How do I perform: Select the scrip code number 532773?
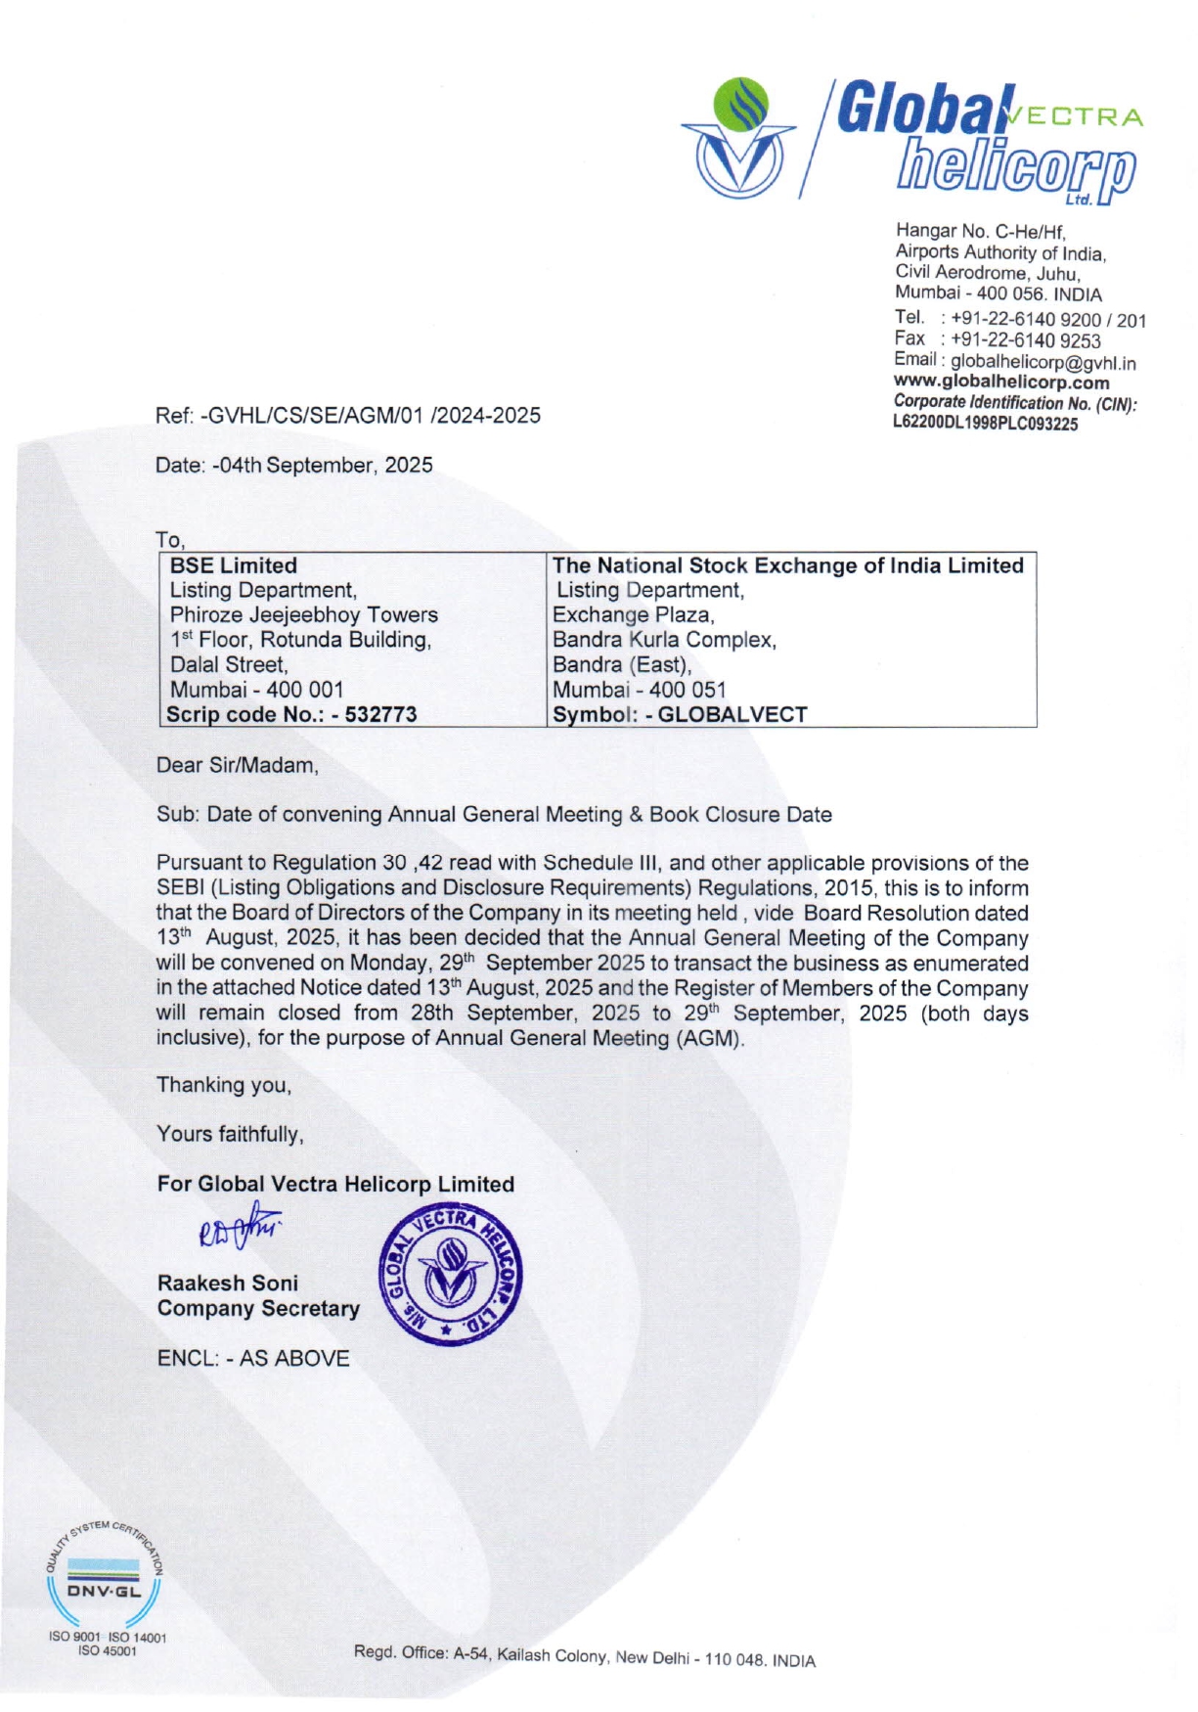(x=380, y=714)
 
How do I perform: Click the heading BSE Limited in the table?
(x=233, y=565)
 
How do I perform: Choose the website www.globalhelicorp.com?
(x=1000, y=383)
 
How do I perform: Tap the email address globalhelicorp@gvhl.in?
(x=1043, y=363)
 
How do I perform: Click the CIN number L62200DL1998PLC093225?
(x=985, y=424)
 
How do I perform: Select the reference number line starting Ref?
(x=347, y=415)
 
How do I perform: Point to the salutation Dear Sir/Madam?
(x=237, y=765)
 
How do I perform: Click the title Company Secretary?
(x=258, y=1308)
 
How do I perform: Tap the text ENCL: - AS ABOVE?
(x=252, y=1358)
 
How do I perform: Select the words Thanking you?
(x=223, y=1084)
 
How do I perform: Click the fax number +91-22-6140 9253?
(x=1025, y=340)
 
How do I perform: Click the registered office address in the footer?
(x=584, y=1655)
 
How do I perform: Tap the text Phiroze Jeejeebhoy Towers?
(x=303, y=614)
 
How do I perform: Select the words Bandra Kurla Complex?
(x=663, y=640)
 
